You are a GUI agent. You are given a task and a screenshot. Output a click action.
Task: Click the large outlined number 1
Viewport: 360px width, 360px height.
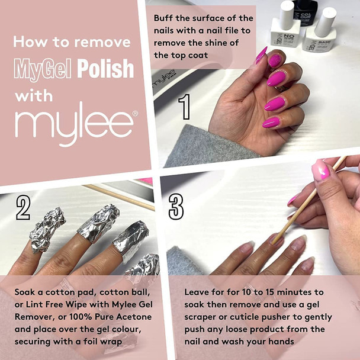click(x=184, y=107)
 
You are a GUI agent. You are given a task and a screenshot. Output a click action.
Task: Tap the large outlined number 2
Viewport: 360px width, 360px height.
click(x=23, y=208)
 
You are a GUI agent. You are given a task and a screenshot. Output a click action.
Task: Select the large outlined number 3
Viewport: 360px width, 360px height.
click(x=176, y=207)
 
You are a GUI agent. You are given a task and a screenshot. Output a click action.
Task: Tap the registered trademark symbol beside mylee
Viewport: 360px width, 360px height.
click(x=135, y=112)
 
